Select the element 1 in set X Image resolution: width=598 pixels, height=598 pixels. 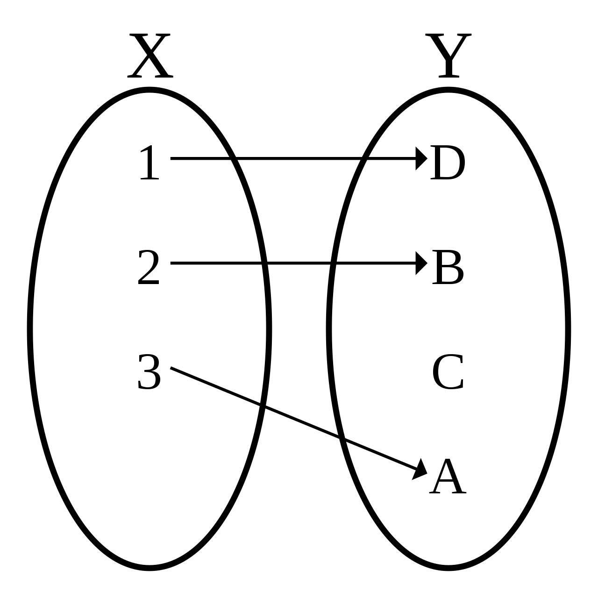click(149, 164)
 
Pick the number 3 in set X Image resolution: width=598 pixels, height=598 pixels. click(149, 372)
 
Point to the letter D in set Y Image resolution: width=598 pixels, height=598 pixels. click(448, 164)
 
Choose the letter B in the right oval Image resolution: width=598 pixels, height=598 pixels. click(448, 268)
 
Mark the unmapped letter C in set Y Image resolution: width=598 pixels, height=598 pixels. click(448, 373)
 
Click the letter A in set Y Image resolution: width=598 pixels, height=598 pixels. click(448, 477)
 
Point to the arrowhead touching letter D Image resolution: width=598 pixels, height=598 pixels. click(421, 158)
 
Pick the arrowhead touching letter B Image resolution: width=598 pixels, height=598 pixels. click(421, 263)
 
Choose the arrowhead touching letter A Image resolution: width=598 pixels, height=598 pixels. click(420, 470)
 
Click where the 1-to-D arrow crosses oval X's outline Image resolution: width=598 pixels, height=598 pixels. click(233, 158)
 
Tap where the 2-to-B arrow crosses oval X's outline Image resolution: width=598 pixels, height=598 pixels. click(264, 263)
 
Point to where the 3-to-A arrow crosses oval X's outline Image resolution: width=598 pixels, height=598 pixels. click(261, 405)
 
